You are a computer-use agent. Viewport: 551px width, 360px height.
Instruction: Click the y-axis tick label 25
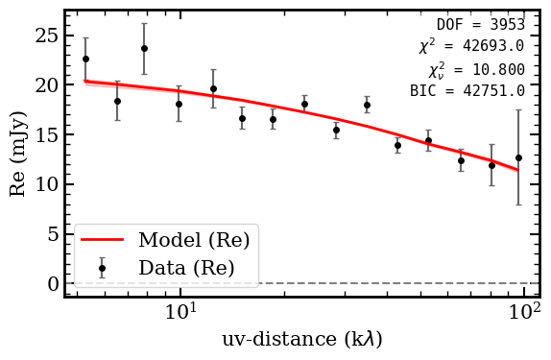click(44, 36)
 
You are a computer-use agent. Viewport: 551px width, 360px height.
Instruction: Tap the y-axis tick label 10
click(44, 184)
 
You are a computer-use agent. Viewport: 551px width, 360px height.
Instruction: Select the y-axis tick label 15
click(44, 135)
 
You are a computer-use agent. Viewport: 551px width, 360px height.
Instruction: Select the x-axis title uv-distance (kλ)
click(302, 340)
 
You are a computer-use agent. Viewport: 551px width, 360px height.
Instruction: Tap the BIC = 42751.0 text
click(467, 91)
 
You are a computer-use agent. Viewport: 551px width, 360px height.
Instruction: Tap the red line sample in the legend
click(102, 240)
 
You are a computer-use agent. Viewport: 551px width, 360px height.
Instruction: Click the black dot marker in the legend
click(102, 269)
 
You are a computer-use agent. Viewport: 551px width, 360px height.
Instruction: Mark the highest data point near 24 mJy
click(144, 48)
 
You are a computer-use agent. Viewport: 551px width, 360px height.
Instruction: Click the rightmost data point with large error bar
click(518, 157)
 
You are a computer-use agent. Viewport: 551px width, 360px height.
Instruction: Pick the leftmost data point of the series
click(85, 59)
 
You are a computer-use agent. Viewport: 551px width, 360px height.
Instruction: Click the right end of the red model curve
click(518, 171)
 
